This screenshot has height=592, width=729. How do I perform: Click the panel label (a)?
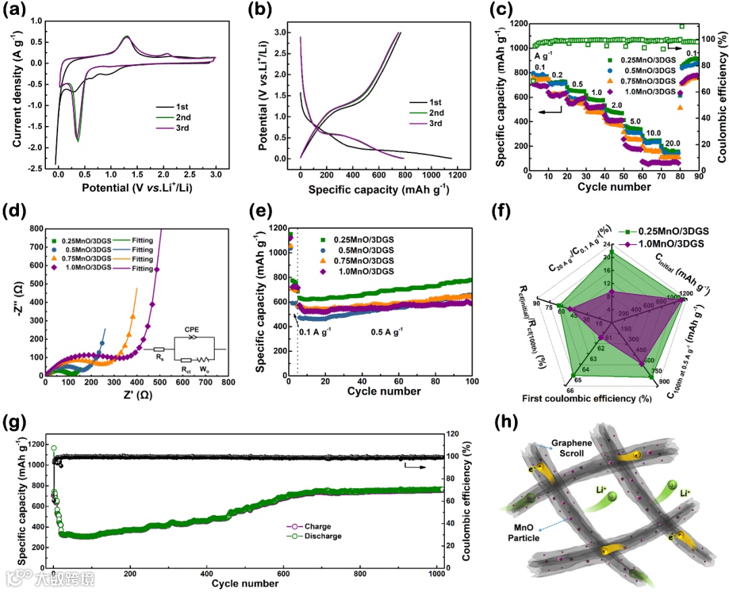click(15, 11)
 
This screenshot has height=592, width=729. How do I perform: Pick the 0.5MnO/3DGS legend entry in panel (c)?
click(639, 69)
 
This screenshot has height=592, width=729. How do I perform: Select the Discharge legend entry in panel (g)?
click(323, 536)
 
